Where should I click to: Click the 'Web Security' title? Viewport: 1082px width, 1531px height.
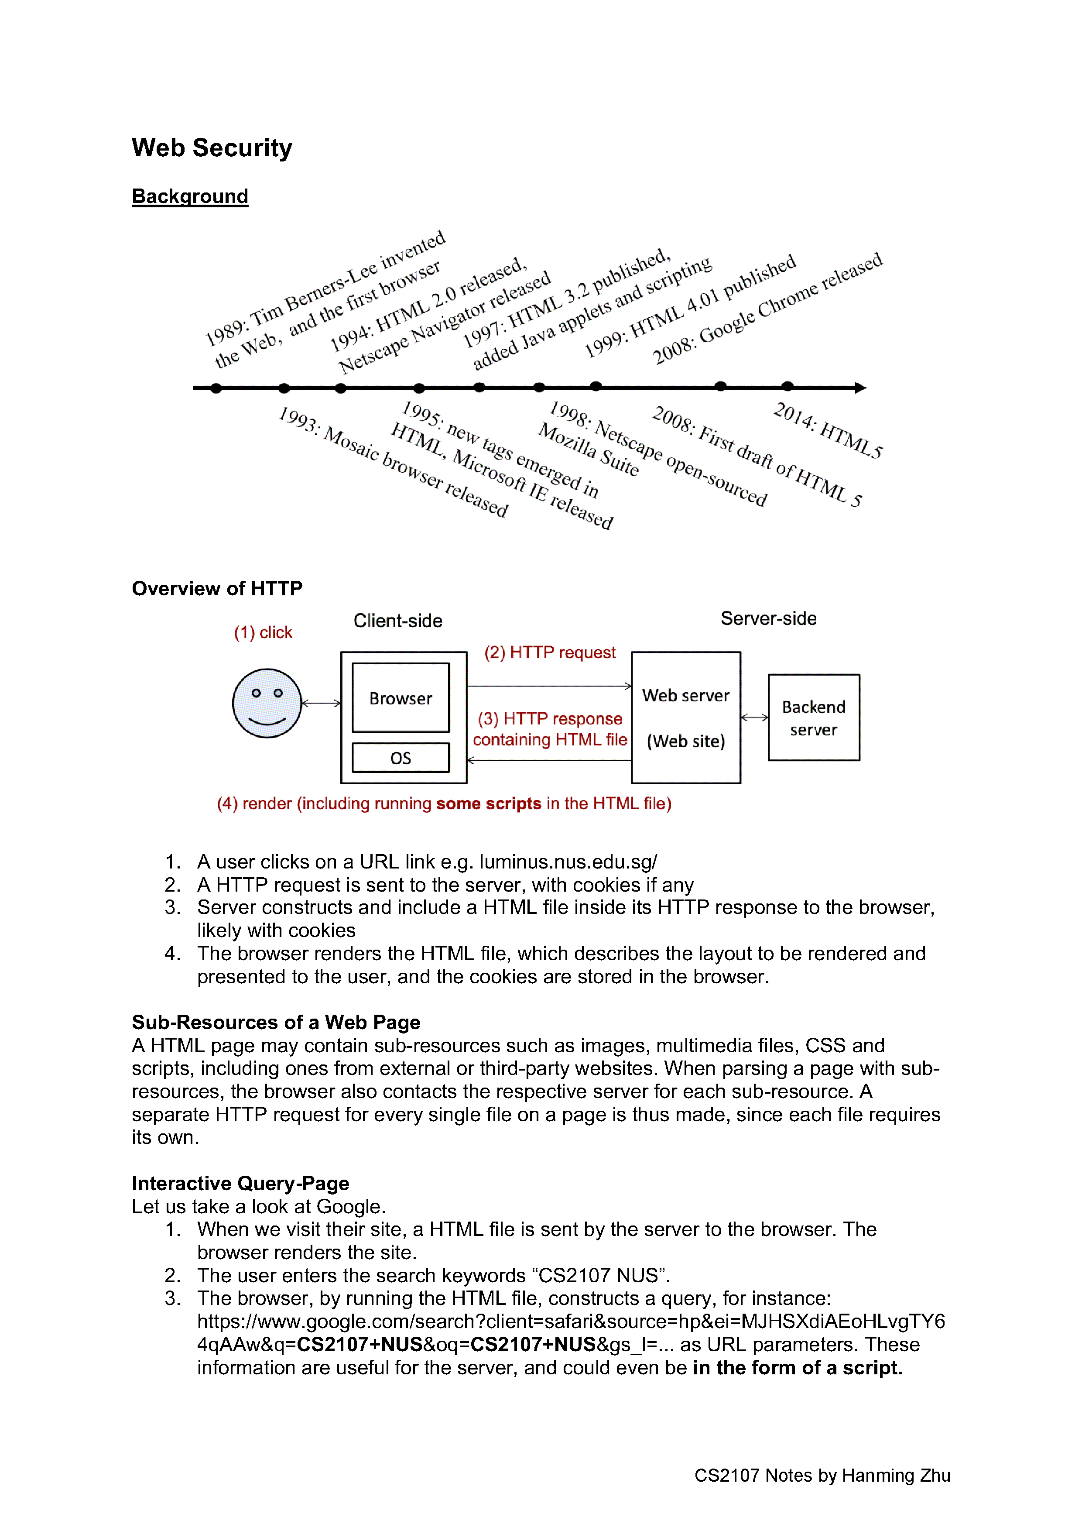click(212, 148)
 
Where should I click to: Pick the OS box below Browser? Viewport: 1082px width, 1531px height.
click(401, 758)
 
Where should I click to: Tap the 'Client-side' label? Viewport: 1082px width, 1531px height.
click(398, 621)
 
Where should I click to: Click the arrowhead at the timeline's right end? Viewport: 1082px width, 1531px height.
click(861, 388)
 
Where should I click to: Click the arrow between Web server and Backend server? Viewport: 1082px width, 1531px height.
click(755, 717)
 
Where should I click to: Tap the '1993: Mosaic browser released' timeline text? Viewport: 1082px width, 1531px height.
click(394, 461)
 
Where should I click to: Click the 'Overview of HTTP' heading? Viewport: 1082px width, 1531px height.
click(217, 588)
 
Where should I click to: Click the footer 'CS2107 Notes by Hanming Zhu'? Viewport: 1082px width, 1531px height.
click(822, 1475)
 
